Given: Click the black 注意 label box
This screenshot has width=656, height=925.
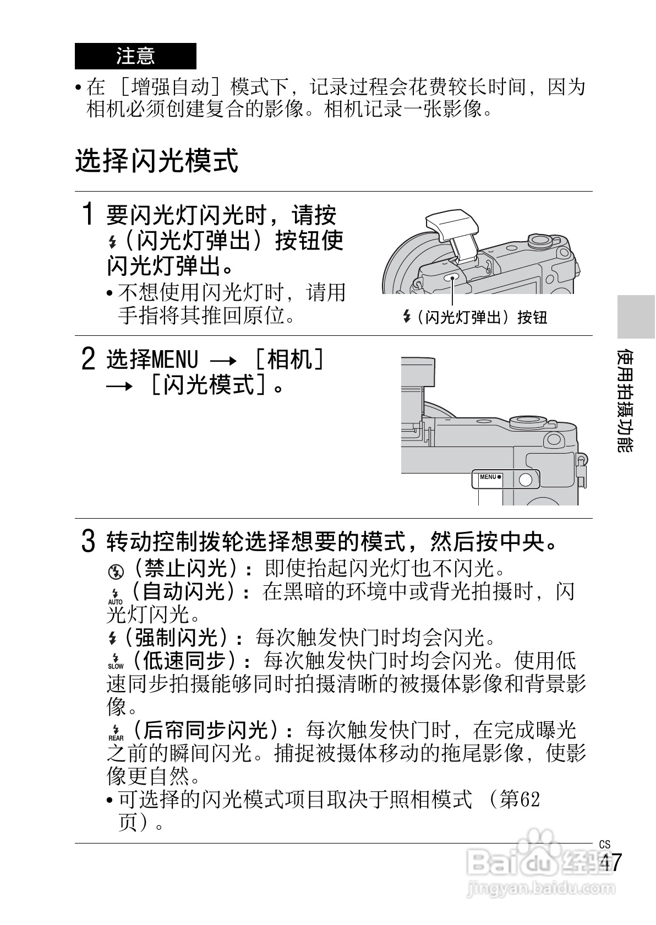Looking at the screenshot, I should tap(135, 56).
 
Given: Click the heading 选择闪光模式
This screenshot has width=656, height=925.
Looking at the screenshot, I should tap(157, 161).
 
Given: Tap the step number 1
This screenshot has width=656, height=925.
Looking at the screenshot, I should tap(88, 214).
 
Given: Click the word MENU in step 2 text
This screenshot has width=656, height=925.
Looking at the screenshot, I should tap(174, 360).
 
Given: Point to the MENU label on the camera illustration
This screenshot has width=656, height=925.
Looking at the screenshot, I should tap(489, 477).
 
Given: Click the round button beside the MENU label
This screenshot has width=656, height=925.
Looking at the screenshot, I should tap(526, 479).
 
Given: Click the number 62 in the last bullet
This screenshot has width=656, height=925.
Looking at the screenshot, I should tap(529, 799).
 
